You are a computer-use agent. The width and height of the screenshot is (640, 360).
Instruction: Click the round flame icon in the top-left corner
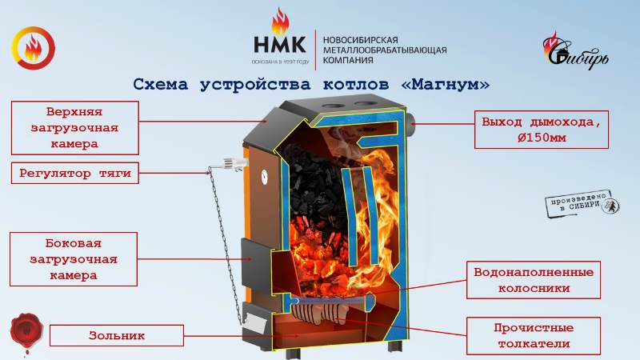click(34, 49)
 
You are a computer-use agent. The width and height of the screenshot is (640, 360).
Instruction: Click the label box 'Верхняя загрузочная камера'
click(73, 126)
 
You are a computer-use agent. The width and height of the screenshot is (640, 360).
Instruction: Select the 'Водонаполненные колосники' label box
click(532, 279)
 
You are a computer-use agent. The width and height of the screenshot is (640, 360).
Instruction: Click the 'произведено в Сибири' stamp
click(578, 203)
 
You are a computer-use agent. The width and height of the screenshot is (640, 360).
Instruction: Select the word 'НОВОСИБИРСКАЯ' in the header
click(360, 38)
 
